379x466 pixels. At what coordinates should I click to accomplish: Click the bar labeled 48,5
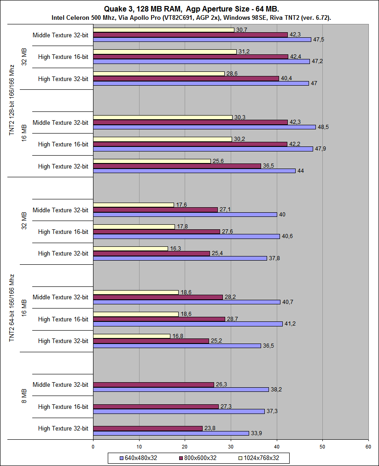coord(204,127)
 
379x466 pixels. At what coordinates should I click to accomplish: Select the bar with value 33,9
coord(171,433)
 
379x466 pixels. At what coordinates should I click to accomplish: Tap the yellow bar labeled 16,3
coord(130,249)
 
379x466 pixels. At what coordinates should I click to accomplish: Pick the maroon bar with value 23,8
coord(147,428)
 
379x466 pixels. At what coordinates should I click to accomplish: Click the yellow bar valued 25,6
coord(152,161)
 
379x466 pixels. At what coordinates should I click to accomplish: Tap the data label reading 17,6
coord(181,205)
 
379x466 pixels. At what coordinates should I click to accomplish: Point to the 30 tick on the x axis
coord(230,446)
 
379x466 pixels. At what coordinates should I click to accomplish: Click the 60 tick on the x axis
coord(368,446)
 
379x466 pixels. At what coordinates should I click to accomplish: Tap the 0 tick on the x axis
coord(93,446)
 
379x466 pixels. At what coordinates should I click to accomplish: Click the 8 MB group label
coord(24,396)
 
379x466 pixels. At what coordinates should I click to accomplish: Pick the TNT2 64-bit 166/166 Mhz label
coord(12,308)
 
